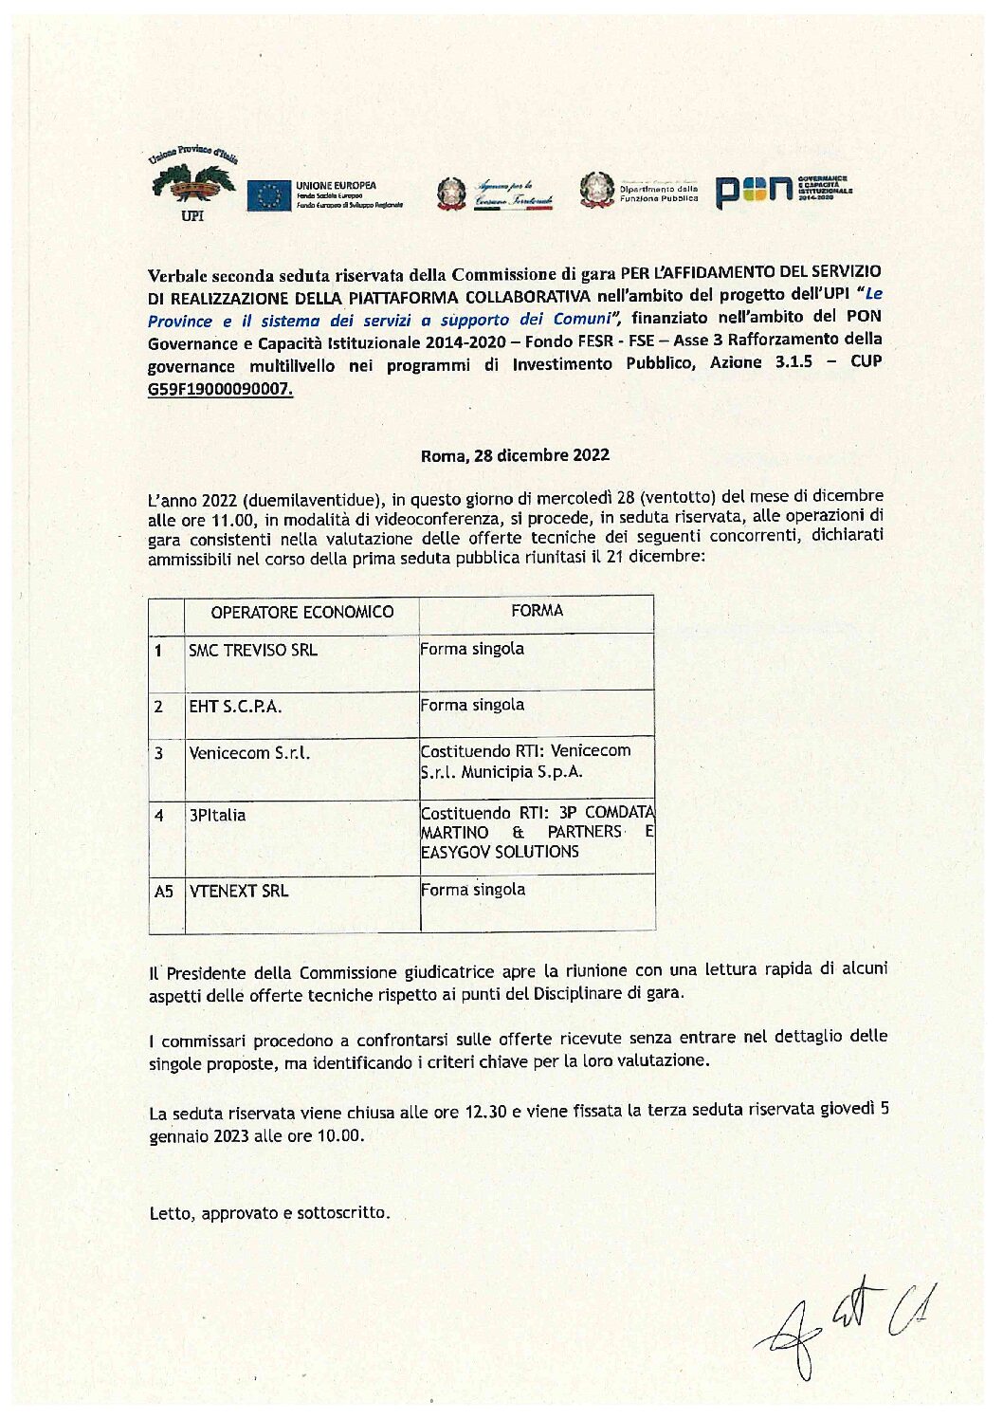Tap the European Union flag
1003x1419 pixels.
[x=268, y=195]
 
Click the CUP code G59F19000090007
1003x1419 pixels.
[x=220, y=389]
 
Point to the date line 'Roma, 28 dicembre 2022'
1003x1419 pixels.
[x=515, y=455]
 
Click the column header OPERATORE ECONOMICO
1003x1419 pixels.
[x=301, y=613]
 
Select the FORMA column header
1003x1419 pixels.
[x=537, y=611]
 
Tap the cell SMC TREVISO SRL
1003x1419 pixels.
[x=253, y=651]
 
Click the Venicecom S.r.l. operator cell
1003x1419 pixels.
[x=249, y=753]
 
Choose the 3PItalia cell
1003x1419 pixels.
[x=217, y=815]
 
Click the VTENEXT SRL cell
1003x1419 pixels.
[x=239, y=892]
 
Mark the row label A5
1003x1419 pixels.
[x=164, y=892]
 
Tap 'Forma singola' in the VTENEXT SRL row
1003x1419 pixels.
[x=473, y=890]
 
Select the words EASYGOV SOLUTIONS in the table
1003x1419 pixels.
[x=500, y=852]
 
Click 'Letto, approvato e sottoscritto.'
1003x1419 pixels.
[x=269, y=1213]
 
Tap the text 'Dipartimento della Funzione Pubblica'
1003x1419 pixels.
[x=659, y=193]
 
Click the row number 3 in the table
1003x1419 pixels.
[x=158, y=753]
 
